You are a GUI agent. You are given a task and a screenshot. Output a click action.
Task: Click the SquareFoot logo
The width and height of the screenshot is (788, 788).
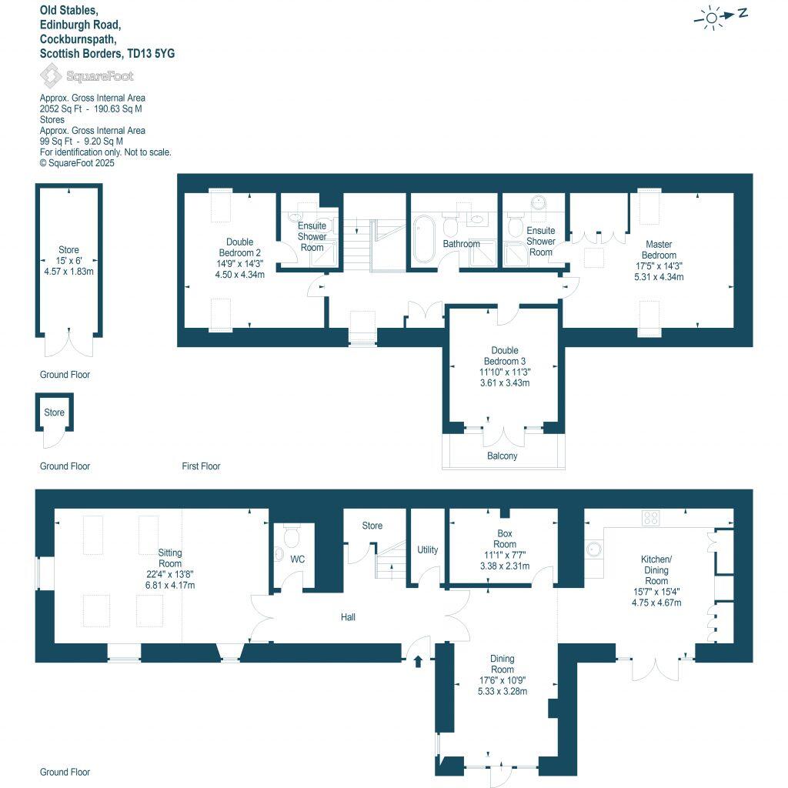click(86, 75)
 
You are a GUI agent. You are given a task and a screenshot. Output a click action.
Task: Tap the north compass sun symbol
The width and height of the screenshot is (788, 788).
click(712, 17)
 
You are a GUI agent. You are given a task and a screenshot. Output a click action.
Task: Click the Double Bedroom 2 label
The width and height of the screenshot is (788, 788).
click(239, 247)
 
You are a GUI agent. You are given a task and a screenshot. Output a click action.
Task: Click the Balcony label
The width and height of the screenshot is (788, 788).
click(502, 456)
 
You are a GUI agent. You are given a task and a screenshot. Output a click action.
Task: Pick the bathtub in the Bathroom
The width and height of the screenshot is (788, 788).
click(425, 239)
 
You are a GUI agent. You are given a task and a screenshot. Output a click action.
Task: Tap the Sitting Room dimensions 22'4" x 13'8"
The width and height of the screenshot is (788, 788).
click(170, 574)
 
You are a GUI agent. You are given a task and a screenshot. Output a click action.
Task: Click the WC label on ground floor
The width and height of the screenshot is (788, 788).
click(298, 559)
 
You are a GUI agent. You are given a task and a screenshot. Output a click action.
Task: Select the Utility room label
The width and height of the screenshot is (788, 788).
click(427, 549)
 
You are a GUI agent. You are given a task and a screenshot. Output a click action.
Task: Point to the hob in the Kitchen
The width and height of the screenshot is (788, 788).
click(651, 518)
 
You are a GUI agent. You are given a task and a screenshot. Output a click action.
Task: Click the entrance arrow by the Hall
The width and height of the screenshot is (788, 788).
click(418, 661)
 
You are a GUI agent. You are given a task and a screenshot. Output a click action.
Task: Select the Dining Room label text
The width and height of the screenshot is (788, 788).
click(503, 664)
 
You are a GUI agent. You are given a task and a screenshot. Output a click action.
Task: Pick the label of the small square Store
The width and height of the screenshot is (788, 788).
click(54, 412)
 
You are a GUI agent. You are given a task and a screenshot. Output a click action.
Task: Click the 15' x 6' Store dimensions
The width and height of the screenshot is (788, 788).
click(68, 261)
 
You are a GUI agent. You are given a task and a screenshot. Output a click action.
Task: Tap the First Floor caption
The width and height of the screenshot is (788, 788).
click(201, 466)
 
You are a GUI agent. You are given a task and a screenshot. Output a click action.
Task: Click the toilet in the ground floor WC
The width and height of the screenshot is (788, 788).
click(292, 533)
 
